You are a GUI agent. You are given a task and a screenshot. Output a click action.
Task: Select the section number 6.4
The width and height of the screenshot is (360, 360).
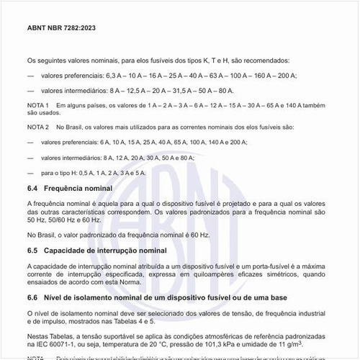pos(33,188)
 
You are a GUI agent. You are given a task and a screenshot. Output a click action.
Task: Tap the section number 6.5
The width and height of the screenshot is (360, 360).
pos(33,251)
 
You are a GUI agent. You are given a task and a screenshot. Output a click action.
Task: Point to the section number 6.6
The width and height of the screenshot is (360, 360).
pos(33,297)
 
